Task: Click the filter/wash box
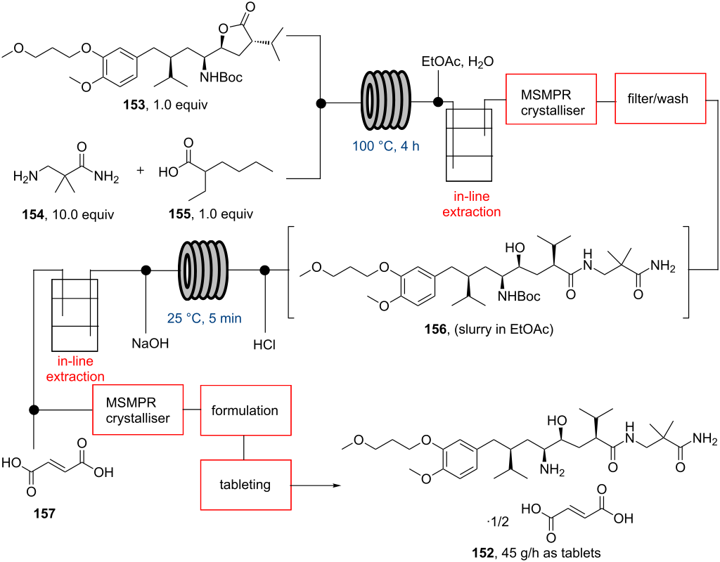click(661, 98)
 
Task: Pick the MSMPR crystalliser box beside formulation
click(138, 410)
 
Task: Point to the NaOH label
click(149, 345)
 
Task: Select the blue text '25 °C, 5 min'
click(205, 318)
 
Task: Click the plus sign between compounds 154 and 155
click(141, 171)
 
